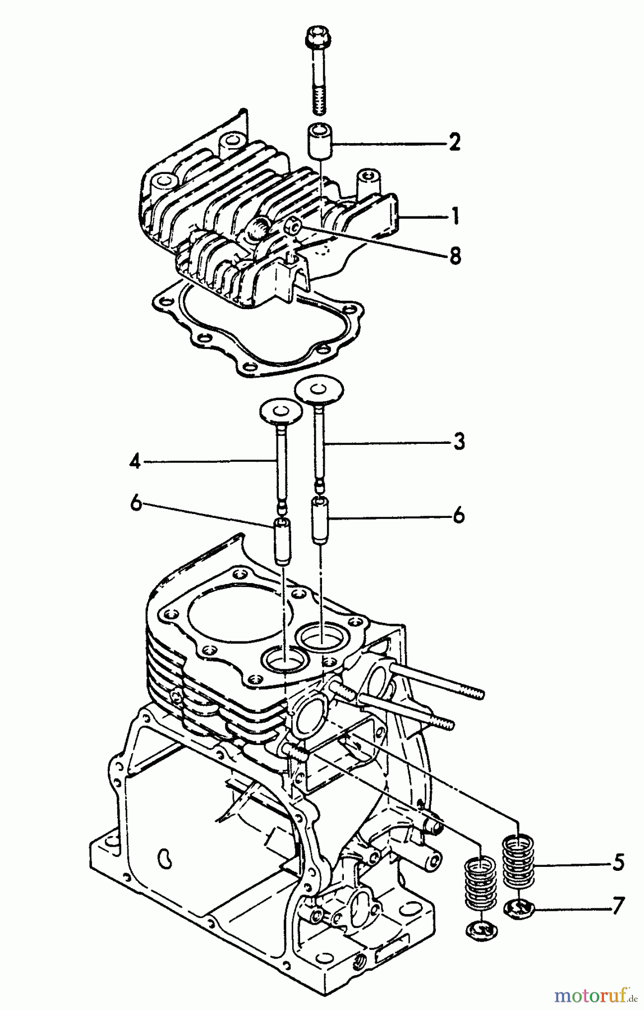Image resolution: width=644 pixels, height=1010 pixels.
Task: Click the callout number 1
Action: click(x=456, y=215)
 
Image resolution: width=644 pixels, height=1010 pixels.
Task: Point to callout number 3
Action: click(x=459, y=442)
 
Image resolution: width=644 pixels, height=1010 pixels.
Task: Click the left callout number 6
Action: click(x=135, y=504)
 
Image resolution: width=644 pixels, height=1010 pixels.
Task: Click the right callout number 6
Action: click(x=459, y=515)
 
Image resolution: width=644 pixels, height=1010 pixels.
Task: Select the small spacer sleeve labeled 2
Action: click(x=319, y=144)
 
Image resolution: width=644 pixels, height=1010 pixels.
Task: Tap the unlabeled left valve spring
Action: click(x=480, y=887)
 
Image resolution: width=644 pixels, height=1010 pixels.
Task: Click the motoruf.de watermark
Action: click(x=595, y=997)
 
